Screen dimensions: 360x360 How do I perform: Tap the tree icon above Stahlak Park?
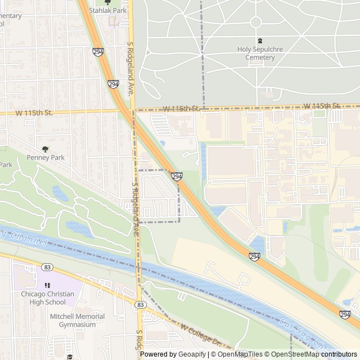(108, 2)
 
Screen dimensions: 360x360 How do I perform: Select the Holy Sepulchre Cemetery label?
(259, 53)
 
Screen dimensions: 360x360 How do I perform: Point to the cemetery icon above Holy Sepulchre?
(259, 41)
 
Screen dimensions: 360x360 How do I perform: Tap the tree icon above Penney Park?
(45, 149)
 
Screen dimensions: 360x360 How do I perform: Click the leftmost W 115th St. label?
(34, 112)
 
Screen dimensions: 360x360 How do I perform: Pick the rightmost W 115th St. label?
(322, 106)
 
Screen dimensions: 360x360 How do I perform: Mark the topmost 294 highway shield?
(98, 51)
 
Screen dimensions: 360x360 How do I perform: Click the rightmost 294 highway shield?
(345, 314)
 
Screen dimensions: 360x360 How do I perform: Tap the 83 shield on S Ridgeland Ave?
(140, 304)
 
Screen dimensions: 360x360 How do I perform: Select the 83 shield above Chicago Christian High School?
(47, 267)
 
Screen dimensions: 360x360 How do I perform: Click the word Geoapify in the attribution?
(192, 354)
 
